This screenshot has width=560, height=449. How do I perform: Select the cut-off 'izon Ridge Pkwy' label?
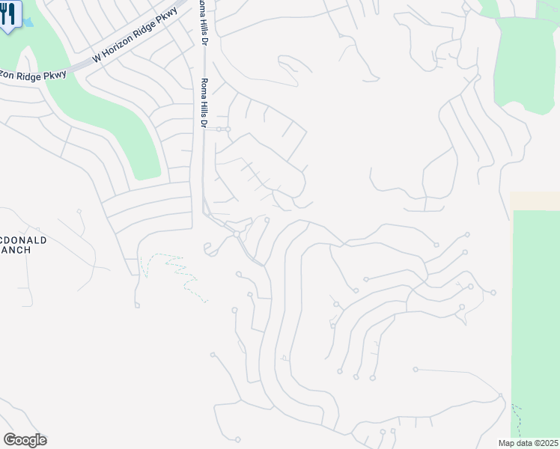(x=33, y=75)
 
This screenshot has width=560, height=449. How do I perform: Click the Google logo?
(x=25, y=440)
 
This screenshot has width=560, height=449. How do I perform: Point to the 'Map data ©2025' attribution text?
(x=527, y=442)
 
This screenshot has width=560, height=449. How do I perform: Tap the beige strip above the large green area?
(x=535, y=201)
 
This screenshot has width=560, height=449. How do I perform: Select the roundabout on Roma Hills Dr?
(x=236, y=234)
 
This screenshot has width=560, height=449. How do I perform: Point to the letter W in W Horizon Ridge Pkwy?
(x=95, y=58)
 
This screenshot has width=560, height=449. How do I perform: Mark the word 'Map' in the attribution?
(x=507, y=442)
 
